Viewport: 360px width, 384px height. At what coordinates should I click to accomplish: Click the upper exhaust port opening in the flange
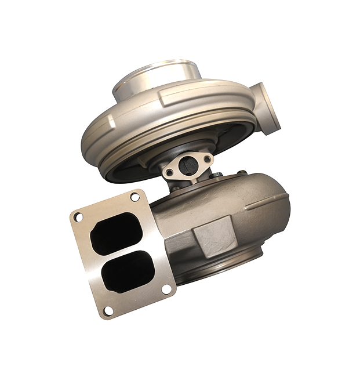click(x=115, y=233)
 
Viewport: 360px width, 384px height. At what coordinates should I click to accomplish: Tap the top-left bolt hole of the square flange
click(x=79, y=216)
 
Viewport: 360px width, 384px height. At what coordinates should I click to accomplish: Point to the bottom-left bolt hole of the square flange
click(x=107, y=311)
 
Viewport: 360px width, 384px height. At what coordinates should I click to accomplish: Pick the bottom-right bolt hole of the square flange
click(x=166, y=288)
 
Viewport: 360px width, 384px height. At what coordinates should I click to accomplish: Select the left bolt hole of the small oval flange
click(x=169, y=172)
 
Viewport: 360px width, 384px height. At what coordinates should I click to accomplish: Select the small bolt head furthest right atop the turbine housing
click(x=241, y=172)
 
